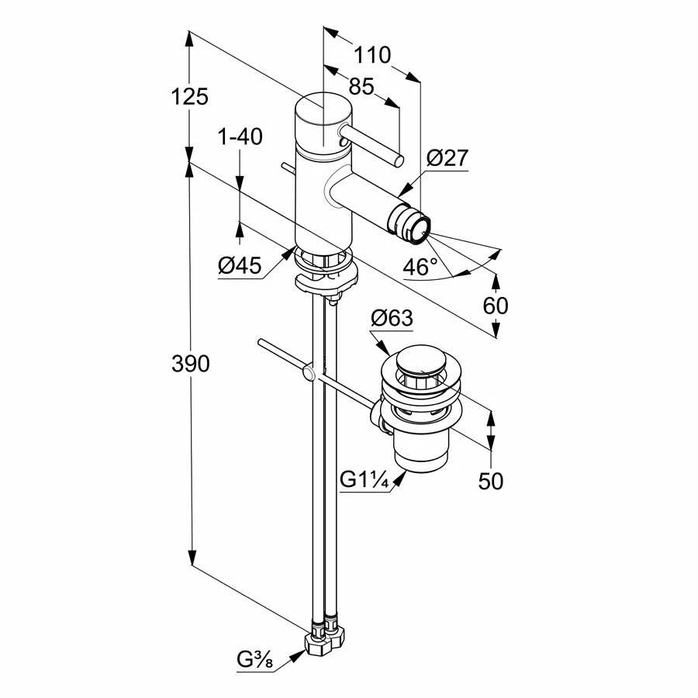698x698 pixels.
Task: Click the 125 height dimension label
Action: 190,97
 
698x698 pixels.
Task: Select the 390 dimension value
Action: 190,363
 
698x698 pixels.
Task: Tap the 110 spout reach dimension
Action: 372,55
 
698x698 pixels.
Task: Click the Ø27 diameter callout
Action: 447,158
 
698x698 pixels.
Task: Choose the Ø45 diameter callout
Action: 240,266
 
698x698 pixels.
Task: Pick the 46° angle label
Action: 420,268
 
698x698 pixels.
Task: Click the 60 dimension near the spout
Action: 496,306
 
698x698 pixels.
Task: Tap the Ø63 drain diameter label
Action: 392,318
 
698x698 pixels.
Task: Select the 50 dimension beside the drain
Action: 491,481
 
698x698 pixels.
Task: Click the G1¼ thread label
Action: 364,480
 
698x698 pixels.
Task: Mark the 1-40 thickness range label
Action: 240,137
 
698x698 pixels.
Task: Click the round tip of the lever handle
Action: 399,161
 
